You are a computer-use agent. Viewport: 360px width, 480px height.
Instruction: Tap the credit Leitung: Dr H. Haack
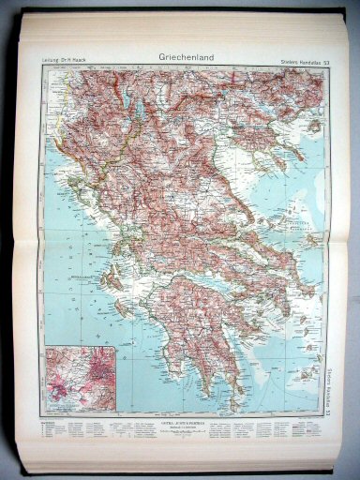68,62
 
